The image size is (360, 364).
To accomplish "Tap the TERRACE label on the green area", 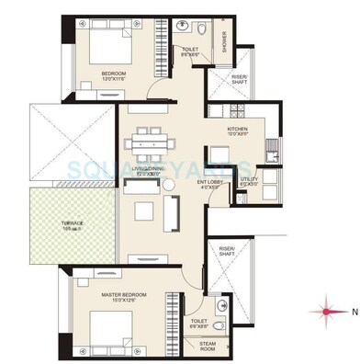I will pos(73,223).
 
